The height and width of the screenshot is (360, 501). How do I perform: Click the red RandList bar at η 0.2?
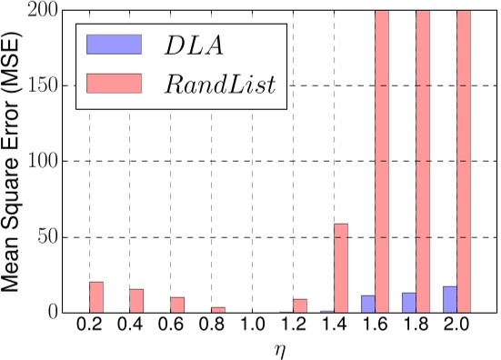(96, 297)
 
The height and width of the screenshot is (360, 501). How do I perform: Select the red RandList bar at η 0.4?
(136, 301)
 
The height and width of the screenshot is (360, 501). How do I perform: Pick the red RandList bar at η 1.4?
(341, 268)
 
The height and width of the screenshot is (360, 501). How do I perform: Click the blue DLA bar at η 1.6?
(368, 305)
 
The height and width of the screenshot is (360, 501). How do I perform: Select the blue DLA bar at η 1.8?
(408, 304)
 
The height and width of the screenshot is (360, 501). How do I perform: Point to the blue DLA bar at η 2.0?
(449, 300)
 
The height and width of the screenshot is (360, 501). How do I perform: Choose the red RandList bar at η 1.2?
(300, 306)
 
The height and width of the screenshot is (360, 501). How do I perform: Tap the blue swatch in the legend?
(113, 45)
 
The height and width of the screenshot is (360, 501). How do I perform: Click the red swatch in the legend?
(113, 85)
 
